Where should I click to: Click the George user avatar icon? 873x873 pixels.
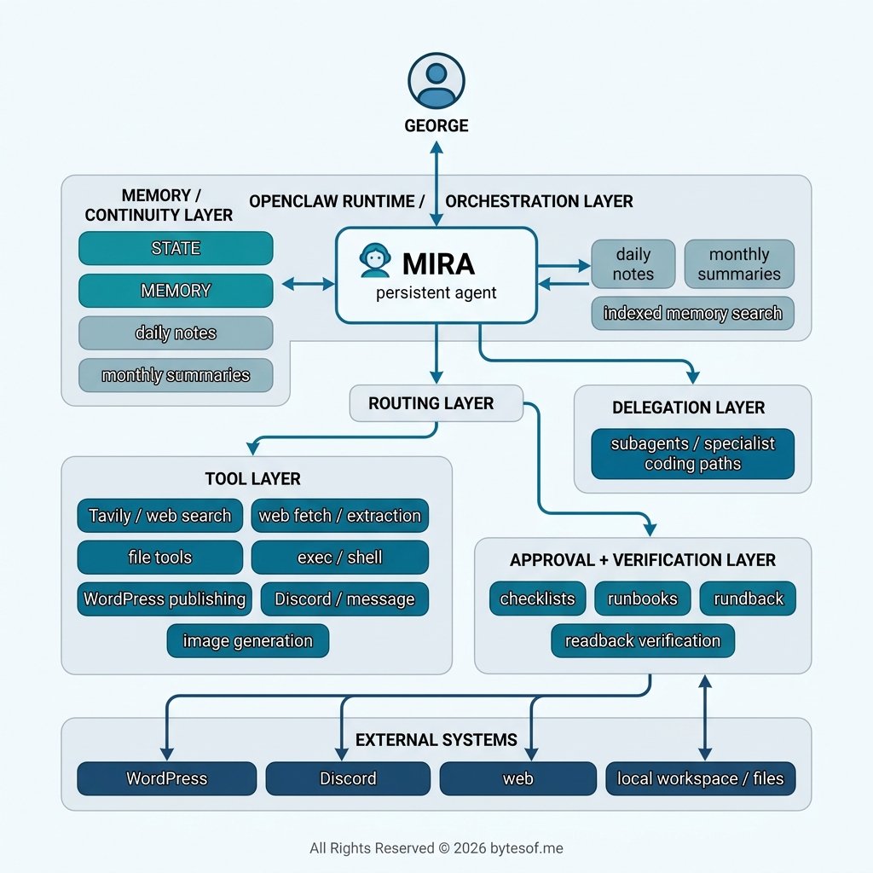pos(436,82)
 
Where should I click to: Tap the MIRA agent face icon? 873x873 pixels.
pos(374,261)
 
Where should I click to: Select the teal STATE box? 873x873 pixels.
pos(176,248)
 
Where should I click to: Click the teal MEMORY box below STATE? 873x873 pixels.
pos(176,291)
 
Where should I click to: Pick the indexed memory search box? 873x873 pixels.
pos(692,313)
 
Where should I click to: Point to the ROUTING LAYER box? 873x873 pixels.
pos(436,403)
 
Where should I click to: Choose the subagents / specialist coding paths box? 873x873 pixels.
pos(692,454)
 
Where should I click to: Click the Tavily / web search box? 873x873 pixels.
pos(160,516)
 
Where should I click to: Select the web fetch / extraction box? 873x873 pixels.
pos(339,516)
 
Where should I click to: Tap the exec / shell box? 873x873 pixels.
pos(339,558)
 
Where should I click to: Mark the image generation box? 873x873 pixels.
pos(247,641)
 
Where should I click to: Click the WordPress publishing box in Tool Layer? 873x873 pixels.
pos(165,599)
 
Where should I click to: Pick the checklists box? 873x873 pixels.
pos(537,598)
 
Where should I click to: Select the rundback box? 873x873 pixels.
pos(748,598)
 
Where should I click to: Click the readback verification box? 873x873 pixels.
pos(642,640)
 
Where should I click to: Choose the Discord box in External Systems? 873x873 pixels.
pos(348,778)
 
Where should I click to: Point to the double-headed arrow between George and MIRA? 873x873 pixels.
pos(436,183)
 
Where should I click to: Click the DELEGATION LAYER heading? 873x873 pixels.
pos(688,408)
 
